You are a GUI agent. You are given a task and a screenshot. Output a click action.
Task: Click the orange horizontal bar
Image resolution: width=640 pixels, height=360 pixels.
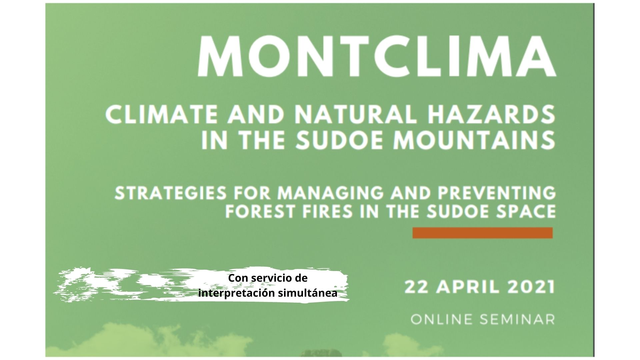click(x=483, y=233)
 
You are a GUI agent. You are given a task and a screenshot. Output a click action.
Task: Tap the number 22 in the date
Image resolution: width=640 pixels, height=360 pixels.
click(x=417, y=287)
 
